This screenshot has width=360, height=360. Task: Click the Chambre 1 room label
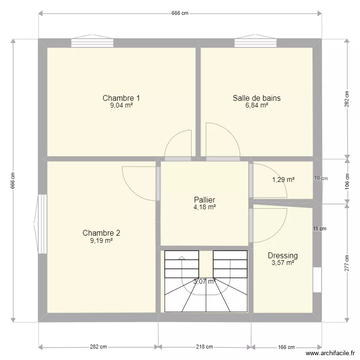pyautogui.click(x=121, y=98)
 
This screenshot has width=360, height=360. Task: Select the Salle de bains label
pyautogui.click(x=256, y=98)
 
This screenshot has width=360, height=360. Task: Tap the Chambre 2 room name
pyautogui.click(x=101, y=233)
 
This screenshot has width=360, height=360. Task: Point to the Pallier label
pyautogui.click(x=204, y=200)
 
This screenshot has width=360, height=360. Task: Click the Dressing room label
pyautogui.click(x=283, y=255)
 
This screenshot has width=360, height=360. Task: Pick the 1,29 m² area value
pyautogui.click(x=283, y=180)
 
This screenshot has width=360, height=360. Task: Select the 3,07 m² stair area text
pyautogui.click(x=204, y=282)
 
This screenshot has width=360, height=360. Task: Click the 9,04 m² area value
pyautogui.click(x=121, y=106)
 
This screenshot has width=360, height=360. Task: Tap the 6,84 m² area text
pyautogui.click(x=256, y=106)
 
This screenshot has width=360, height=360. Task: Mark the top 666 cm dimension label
pyautogui.click(x=180, y=13)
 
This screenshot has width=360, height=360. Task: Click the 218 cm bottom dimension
pyautogui.click(x=204, y=347)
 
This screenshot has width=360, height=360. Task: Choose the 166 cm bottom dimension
pyautogui.click(x=286, y=347)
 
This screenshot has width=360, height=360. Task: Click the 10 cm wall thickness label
pyautogui.click(x=321, y=178)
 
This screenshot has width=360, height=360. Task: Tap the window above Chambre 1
pyautogui.click(x=92, y=42)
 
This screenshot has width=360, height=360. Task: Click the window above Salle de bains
pyautogui.click(x=255, y=42)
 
